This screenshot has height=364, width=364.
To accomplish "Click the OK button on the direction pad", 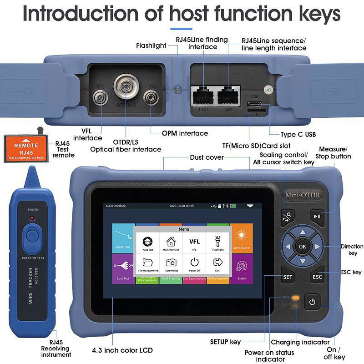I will (x=303, y=246).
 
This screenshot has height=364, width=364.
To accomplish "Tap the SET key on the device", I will (x=288, y=276).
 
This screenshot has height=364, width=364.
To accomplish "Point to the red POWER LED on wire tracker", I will (x=32, y=218).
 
